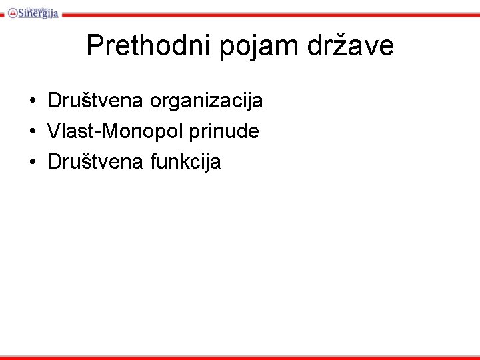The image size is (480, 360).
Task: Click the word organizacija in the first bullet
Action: tap(207, 102)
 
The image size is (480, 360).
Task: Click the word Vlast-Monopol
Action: tap(115, 131)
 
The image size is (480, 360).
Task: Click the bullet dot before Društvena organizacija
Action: tap(32, 101)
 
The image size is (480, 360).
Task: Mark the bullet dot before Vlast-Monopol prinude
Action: tap(32, 132)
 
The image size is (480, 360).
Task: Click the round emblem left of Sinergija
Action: tap(13, 12)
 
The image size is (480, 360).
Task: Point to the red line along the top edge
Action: tap(267, 14)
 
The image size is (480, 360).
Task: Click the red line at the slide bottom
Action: tap(240, 357)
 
